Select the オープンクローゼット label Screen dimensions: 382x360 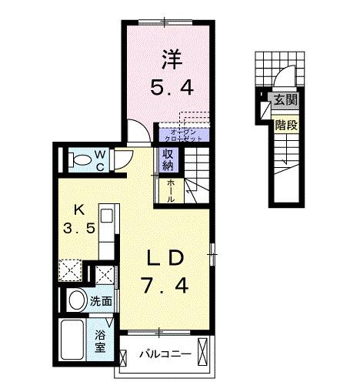[x=186, y=135]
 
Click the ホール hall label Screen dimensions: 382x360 [x=170, y=189]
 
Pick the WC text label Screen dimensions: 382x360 [x=101, y=159]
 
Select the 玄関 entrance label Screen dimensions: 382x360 [x=285, y=99]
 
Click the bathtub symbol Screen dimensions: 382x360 [x=75, y=339]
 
